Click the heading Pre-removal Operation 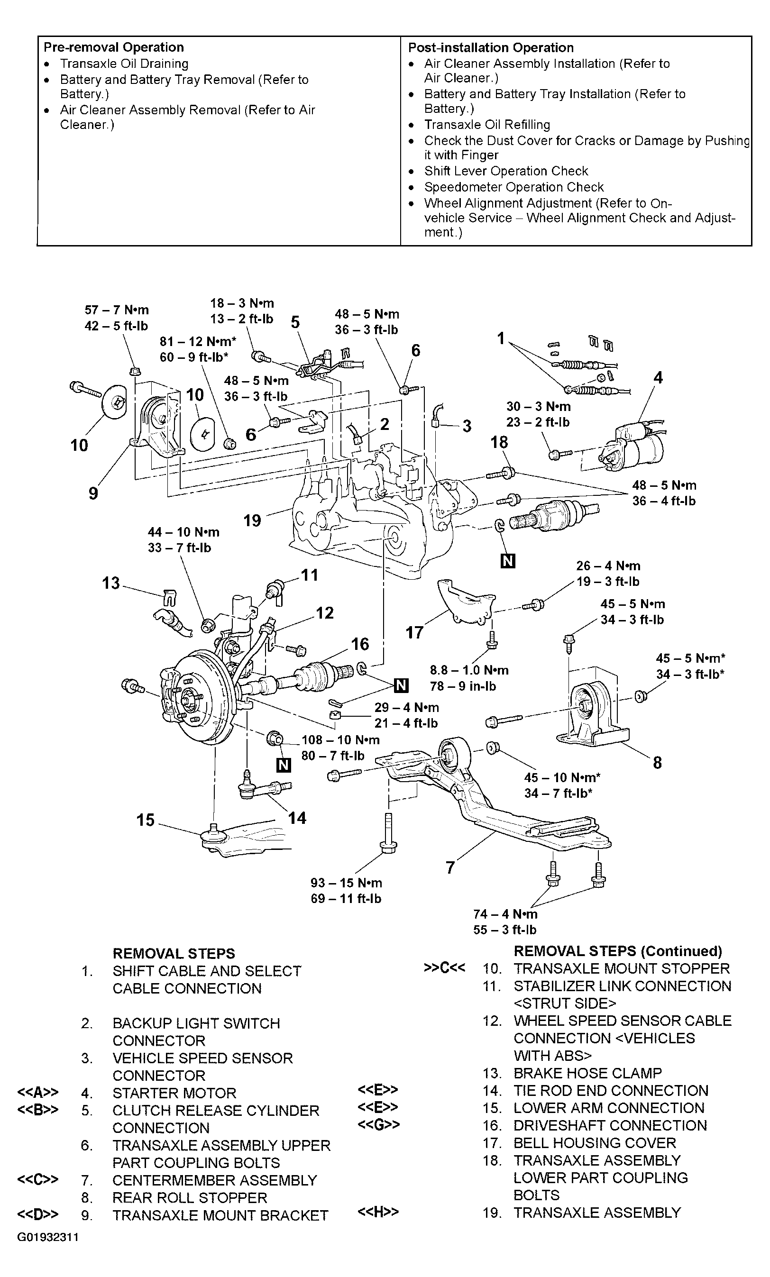click(113, 47)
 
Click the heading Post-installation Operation click(491, 48)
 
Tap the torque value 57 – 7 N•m click(117, 310)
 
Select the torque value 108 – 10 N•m click(340, 739)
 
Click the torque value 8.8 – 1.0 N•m click(469, 670)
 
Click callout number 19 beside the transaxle click(253, 520)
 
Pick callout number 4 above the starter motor click(658, 377)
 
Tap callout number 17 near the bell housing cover click(414, 632)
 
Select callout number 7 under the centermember click(450, 867)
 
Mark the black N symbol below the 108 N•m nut click(284, 765)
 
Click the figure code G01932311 click(48, 1238)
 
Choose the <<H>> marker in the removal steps click(378, 1212)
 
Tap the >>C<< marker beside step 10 click(444, 967)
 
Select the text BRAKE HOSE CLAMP click(587, 1073)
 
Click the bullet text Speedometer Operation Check click(514, 187)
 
